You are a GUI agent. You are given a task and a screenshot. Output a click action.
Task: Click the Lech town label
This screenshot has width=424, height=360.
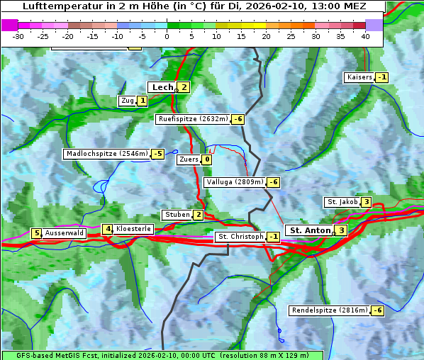click(162, 87)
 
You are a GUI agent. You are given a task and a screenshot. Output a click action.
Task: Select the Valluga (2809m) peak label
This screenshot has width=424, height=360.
click(235, 182)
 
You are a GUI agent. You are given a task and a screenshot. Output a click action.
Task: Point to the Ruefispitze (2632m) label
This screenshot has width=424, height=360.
click(193, 119)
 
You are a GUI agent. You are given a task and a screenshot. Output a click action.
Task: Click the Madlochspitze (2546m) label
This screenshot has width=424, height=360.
click(106, 154)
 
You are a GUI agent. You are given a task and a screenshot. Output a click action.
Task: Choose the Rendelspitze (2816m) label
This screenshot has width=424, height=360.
click(330, 310)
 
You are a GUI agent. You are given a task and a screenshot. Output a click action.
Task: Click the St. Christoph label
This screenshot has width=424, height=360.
click(240, 237)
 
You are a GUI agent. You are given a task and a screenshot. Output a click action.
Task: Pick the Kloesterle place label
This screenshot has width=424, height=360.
click(133, 229)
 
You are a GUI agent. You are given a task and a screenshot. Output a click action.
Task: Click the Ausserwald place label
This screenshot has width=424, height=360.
click(65, 232)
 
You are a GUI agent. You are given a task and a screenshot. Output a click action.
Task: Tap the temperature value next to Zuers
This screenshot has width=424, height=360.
click(206, 159)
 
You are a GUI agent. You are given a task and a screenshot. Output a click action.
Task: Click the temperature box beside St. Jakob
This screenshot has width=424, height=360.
click(366, 202)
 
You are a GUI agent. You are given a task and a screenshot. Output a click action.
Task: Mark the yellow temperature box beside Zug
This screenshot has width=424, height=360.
click(142, 101)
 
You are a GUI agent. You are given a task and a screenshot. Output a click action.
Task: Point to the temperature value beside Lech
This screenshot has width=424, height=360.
click(184, 87)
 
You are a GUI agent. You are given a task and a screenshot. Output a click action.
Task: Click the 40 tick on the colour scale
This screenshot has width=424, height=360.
click(365, 36)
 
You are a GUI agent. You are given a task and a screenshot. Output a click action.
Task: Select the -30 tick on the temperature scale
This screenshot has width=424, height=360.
click(19, 36)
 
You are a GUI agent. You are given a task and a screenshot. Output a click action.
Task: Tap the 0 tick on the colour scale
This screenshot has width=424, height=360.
click(167, 36)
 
